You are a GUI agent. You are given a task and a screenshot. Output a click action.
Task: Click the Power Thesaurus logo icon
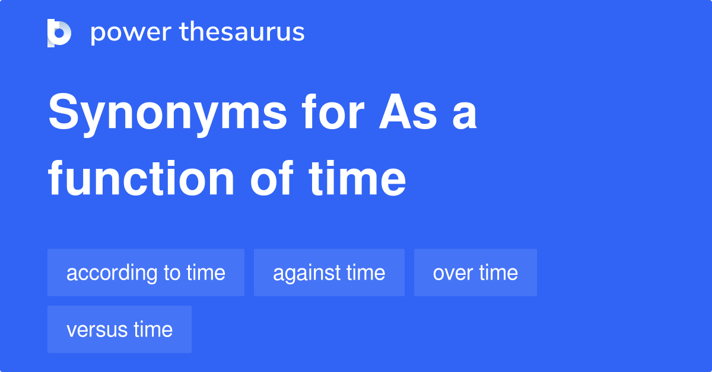(59, 33)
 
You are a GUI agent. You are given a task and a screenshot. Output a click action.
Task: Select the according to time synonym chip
(146, 272)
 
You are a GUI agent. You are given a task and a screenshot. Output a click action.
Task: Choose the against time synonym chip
(329, 272)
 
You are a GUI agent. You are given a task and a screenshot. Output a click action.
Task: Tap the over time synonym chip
(475, 272)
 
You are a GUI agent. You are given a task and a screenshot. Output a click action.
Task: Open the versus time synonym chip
(119, 329)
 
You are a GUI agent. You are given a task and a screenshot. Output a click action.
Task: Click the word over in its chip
(453, 273)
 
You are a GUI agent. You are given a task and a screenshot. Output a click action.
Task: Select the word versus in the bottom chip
(94, 330)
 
